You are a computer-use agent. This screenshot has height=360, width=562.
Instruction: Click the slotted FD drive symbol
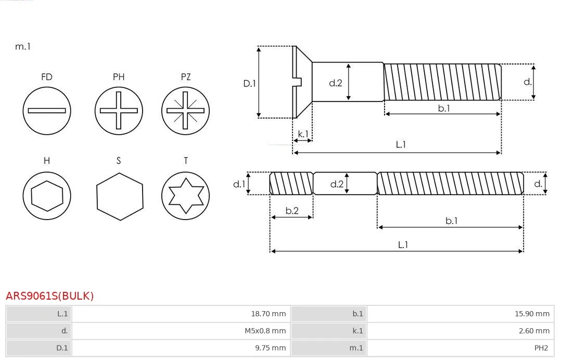tap(47, 111)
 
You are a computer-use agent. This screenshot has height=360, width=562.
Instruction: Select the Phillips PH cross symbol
tap(119, 111)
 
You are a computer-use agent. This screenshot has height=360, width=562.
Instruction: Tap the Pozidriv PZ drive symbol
tap(186, 111)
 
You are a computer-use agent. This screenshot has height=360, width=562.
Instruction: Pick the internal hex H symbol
tap(47, 196)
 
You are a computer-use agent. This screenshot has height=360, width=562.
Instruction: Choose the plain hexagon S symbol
tap(119, 196)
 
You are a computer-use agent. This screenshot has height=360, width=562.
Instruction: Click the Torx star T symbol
tap(186, 196)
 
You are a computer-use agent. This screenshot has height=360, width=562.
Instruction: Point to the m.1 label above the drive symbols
tap(23, 46)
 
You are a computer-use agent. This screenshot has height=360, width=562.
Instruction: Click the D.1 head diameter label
tap(250, 83)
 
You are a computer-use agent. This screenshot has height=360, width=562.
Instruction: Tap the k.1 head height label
tap(303, 134)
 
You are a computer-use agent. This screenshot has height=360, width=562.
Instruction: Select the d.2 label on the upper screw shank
tap(336, 83)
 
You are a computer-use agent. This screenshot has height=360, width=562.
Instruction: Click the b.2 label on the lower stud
tap(292, 211)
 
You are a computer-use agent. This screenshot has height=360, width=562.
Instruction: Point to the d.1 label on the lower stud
tap(238, 184)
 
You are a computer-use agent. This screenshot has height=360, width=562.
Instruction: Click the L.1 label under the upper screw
tap(401, 145)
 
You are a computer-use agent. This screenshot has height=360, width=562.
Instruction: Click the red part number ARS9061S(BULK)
tap(50, 296)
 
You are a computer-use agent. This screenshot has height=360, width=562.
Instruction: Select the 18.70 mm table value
tap(268, 314)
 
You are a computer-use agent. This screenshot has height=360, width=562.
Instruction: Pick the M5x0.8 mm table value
tap(265, 331)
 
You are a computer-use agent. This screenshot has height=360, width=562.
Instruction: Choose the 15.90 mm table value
tap(532, 314)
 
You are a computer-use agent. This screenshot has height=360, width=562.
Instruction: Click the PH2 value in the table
tap(541, 348)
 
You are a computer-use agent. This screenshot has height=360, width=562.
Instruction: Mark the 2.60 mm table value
tap(534, 331)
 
